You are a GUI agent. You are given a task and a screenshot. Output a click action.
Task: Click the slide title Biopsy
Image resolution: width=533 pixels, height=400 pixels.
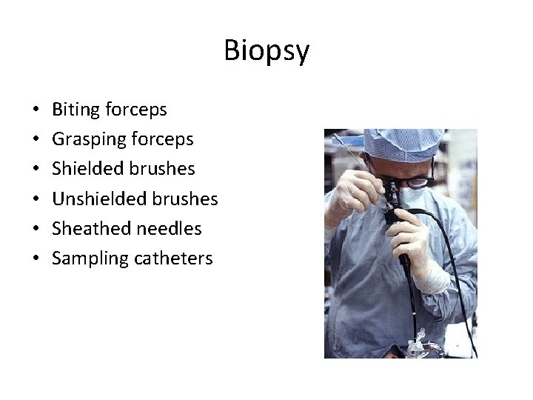point(266,51)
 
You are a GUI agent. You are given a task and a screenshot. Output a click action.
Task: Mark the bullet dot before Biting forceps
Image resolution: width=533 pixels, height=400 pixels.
point(36,110)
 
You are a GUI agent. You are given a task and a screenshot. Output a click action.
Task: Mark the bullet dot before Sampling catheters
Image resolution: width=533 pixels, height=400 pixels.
point(36,259)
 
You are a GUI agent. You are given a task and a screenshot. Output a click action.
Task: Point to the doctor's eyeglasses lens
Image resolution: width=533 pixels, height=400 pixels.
point(417,180)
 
